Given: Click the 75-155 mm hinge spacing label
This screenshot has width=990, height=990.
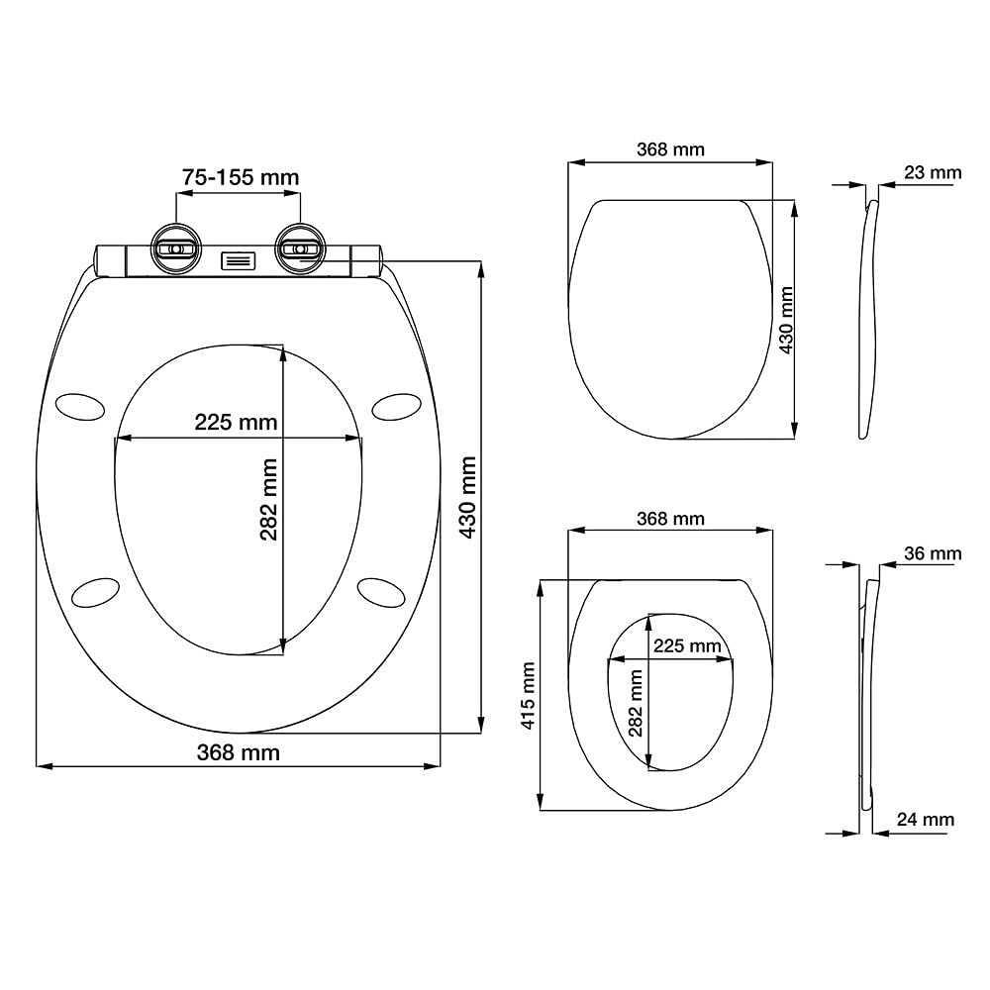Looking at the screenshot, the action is point(241,177).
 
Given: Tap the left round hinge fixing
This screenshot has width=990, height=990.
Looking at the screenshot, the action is point(176,248).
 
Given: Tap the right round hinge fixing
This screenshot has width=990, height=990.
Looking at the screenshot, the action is point(301,248).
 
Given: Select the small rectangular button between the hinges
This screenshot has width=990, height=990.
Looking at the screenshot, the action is point(238,260).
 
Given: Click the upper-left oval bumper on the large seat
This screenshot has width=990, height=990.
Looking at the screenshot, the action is point(80,407).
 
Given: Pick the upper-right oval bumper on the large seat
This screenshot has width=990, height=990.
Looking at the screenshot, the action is point(397,407).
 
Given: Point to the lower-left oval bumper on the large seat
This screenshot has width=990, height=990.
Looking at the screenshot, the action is point(96,593).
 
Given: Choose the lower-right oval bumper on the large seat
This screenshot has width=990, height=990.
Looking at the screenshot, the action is point(381,593).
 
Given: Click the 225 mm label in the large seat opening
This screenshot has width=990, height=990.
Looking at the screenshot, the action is point(236,422).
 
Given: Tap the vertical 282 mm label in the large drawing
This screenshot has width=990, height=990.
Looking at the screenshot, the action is point(269,499).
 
